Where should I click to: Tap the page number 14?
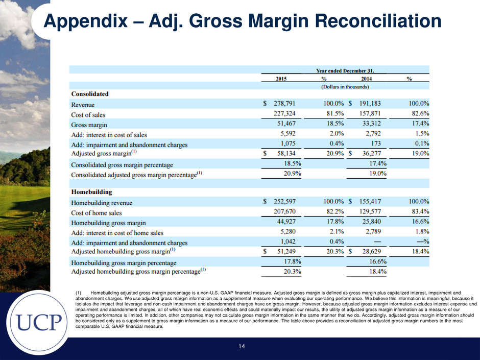click(242, 346)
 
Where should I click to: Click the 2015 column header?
click(281, 79)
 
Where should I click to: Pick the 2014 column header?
click(366, 79)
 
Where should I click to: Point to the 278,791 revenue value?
click(284, 104)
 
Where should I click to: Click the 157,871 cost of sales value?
click(370, 113)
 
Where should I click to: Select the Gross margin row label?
click(89, 125)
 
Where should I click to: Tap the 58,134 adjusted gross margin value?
click(286, 153)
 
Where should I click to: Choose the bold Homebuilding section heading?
click(91, 192)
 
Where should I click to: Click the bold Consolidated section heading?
click(90, 94)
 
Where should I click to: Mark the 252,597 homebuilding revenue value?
click(284, 201)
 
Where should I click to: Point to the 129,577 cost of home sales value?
click(370, 211)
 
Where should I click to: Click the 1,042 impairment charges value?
click(288, 241)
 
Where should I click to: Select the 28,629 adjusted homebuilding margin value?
click(372, 251)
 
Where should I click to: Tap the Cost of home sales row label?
click(97, 213)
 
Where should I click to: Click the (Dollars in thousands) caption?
click(345, 87)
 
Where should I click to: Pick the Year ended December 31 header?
click(345, 70)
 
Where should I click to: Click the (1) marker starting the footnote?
click(78, 293)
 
